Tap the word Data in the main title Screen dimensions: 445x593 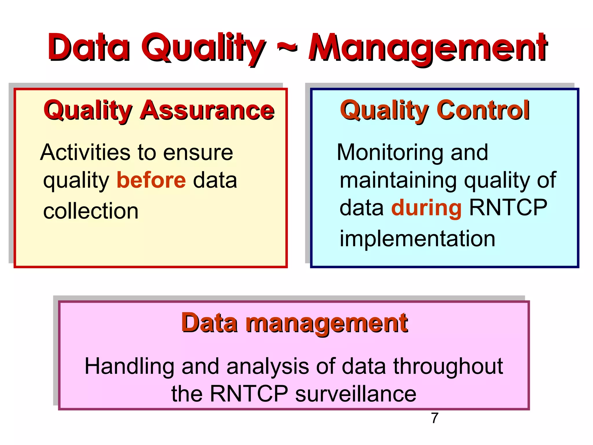point(89,48)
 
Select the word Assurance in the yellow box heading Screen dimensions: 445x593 point(207,110)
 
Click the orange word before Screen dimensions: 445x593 point(151,180)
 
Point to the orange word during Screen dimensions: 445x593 point(426,208)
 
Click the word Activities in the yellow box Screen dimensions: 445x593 point(85,152)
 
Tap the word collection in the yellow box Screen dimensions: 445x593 point(91,211)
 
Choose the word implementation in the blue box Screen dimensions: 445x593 point(417,239)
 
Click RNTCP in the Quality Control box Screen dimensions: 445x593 point(508,208)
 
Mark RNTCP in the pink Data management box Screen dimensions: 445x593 point(249,394)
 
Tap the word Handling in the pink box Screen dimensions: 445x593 point(129,366)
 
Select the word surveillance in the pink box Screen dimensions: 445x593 point(356,394)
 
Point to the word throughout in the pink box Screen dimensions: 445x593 point(448,366)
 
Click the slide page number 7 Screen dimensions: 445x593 point(435,418)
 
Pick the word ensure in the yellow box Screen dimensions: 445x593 point(198,152)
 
